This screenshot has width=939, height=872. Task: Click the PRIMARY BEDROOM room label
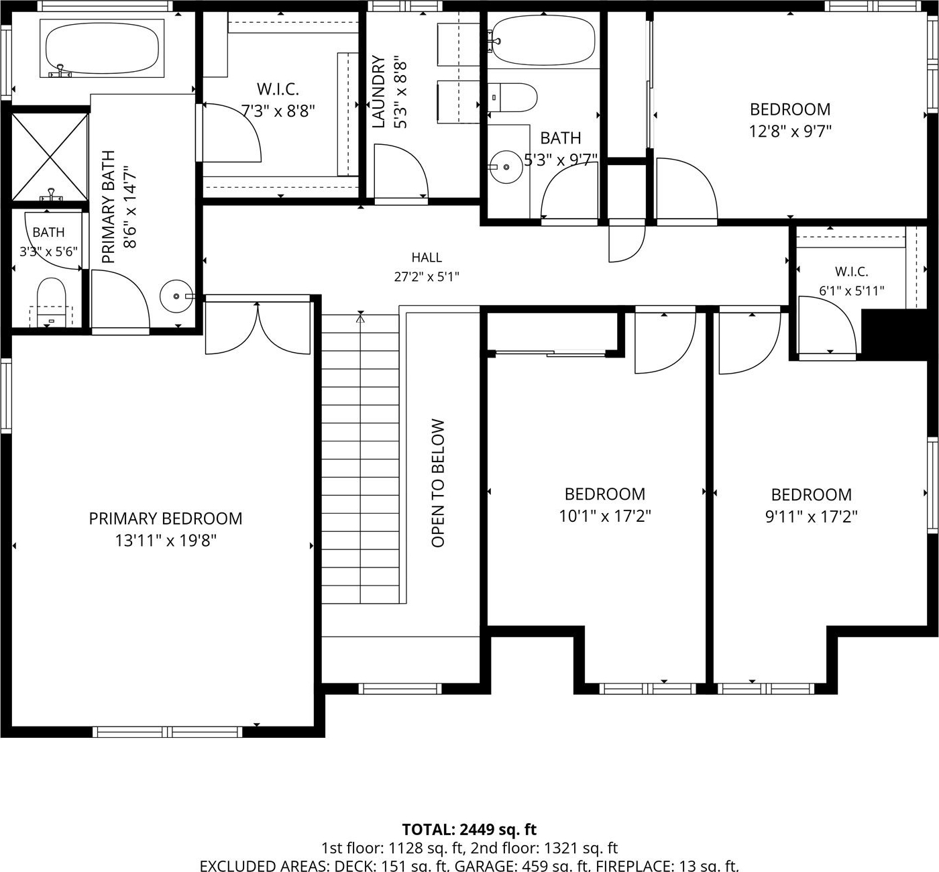[166, 519]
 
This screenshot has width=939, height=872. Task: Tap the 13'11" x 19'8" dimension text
[166, 540]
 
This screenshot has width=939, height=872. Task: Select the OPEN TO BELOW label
[438, 483]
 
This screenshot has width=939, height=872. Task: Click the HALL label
[427, 258]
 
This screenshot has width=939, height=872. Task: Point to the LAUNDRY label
[378, 92]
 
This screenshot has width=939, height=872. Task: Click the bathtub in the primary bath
[102, 48]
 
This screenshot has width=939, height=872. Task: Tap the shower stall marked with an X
[50, 156]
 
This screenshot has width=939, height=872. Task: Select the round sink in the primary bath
[176, 296]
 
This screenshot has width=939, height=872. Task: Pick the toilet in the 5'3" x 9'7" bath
[512, 98]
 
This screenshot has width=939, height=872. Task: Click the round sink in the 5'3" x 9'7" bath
[506, 167]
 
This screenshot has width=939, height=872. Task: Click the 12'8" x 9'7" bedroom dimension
[790, 131]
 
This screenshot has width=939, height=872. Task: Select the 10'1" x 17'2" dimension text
[605, 515]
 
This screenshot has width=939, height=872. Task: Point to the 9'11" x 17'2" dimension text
[812, 516]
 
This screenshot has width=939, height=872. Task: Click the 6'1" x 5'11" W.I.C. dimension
[852, 291]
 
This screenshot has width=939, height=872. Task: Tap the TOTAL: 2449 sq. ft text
[469, 830]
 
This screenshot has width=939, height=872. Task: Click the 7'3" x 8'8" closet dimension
[278, 111]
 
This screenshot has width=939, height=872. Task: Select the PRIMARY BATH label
[109, 207]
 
